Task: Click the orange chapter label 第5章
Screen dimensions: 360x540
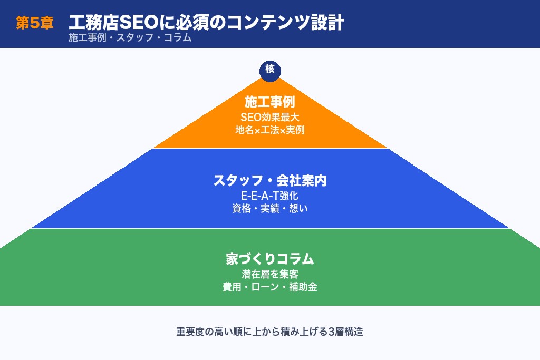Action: (35, 24)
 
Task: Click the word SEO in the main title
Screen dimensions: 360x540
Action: (138, 23)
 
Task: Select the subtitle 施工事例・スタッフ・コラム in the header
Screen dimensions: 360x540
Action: (130, 38)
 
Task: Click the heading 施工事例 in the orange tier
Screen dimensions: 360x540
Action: (270, 102)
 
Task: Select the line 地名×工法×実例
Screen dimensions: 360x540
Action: (270, 130)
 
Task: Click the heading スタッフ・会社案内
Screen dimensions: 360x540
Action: (270, 181)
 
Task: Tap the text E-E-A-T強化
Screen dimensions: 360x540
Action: (270, 196)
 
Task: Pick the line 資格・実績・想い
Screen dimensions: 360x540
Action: (270, 208)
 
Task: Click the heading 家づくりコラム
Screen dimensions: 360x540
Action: (270, 259)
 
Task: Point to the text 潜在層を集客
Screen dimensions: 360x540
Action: (270, 274)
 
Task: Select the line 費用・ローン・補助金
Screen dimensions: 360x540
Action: (270, 287)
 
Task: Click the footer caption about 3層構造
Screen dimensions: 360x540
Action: (270, 333)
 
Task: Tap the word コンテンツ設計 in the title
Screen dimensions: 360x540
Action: (284, 23)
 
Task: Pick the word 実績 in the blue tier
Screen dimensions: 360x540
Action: (269, 208)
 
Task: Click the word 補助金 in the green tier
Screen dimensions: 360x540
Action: (303, 287)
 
